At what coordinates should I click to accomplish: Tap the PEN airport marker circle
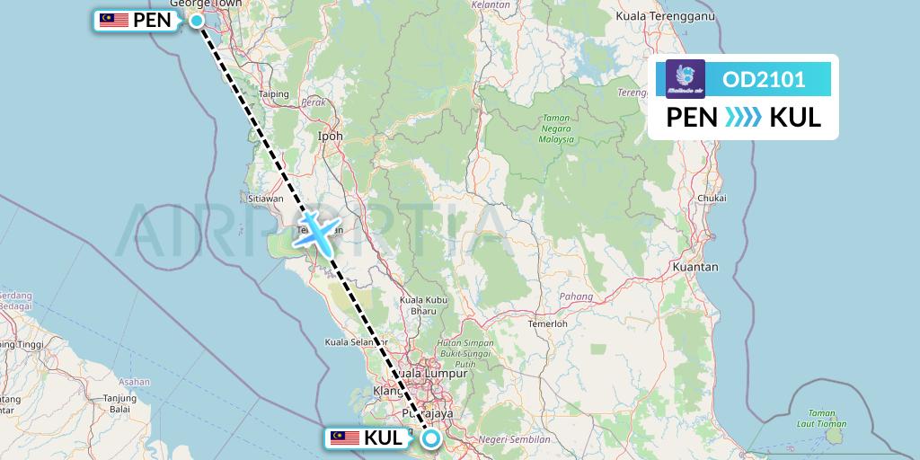coord(196,19)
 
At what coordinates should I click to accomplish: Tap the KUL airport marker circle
coord(431,438)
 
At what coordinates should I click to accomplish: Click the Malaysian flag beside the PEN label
coord(113,20)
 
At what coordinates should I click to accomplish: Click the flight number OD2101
coord(764,80)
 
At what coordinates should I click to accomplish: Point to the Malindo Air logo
coord(686,78)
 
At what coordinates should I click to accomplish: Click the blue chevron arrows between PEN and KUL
coord(743,117)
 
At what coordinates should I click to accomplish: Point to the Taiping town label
coord(273,93)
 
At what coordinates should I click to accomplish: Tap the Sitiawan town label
coord(266,198)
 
